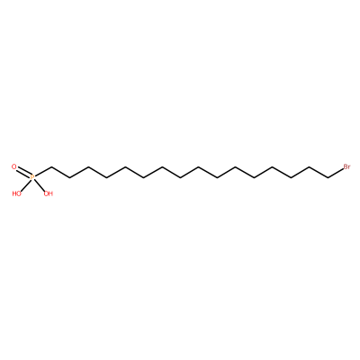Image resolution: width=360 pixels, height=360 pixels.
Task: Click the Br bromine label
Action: click(346, 167)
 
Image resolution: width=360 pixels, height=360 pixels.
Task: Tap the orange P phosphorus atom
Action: click(32, 177)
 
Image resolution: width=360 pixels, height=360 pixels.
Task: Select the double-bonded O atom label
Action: click(13, 166)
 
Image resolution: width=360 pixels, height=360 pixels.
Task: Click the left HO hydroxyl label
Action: click(17, 193)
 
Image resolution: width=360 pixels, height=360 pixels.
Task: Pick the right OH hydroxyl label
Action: click(49, 193)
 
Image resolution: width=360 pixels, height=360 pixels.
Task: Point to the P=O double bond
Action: click(23, 172)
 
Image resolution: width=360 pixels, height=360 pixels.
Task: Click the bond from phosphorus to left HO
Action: click(25, 185)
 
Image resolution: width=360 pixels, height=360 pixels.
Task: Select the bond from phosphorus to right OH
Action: click(40, 185)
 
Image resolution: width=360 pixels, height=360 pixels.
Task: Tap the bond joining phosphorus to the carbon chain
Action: click(43, 173)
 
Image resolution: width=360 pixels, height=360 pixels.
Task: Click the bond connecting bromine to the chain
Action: click(336, 173)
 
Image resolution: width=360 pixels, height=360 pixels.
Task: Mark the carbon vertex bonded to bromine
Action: click(328, 178)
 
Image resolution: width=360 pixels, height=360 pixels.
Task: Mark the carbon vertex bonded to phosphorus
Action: click(51, 167)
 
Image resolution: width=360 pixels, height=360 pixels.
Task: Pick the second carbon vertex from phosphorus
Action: click(70, 178)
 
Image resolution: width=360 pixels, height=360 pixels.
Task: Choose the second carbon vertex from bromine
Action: click(310, 167)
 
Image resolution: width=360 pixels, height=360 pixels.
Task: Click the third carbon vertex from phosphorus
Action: click(88, 167)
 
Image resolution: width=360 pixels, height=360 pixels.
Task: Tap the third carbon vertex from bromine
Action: click(292, 178)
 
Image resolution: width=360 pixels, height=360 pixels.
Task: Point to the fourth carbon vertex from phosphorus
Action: click(107, 178)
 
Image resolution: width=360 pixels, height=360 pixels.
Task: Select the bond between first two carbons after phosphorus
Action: click(60, 173)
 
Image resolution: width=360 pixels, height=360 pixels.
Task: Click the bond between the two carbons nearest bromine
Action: click(319, 173)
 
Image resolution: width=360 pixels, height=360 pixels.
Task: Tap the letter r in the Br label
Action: click(349, 167)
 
